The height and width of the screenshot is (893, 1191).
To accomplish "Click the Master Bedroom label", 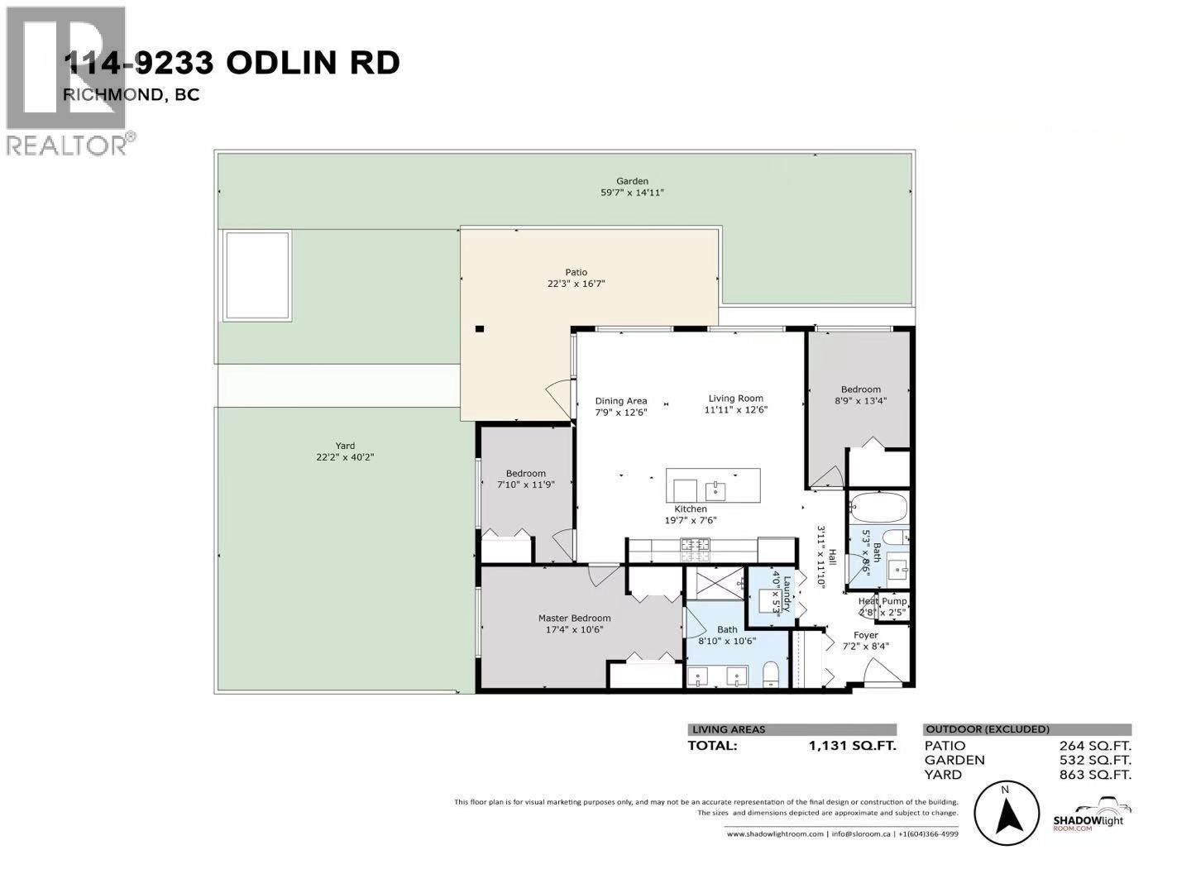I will pyautogui.click(x=574, y=618).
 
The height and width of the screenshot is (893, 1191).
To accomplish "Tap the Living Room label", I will pyautogui.click(x=735, y=398).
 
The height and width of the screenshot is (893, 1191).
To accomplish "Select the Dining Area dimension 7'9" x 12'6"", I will pyautogui.click(x=621, y=412).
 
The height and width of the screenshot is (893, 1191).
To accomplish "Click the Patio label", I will pyautogui.click(x=576, y=272).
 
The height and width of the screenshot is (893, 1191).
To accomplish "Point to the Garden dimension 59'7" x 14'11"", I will pyautogui.click(x=632, y=193).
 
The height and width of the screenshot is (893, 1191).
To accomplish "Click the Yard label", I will pyautogui.click(x=345, y=446).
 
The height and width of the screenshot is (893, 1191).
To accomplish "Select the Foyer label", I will pyautogui.click(x=865, y=635).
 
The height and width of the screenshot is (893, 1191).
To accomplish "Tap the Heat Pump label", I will pyautogui.click(x=882, y=601).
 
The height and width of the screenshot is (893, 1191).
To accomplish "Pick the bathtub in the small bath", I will pyautogui.click(x=878, y=506).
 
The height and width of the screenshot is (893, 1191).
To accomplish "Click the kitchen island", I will pyautogui.click(x=713, y=485).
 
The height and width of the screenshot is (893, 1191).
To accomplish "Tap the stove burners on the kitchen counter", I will pyautogui.click(x=695, y=544).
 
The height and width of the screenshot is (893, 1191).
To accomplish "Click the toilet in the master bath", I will pyautogui.click(x=770, y=676).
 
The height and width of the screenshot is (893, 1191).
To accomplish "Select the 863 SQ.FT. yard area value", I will pyautogui.click(x=1093, y=775).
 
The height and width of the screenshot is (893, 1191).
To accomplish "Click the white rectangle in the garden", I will pyautogui.click(x=256, y=276).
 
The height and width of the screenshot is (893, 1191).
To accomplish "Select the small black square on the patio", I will pyautogui.click(x=479, y=329).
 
